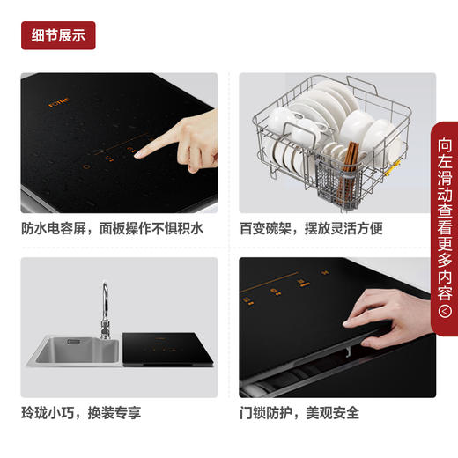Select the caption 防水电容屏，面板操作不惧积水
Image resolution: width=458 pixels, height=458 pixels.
pyautogui.click(x=113, y=229)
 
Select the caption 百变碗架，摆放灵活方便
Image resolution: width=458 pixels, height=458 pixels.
pyautogui.click(x=311, y=229)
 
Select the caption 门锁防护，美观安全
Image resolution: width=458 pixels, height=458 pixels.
pyautogui.click(x=299, y=412)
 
